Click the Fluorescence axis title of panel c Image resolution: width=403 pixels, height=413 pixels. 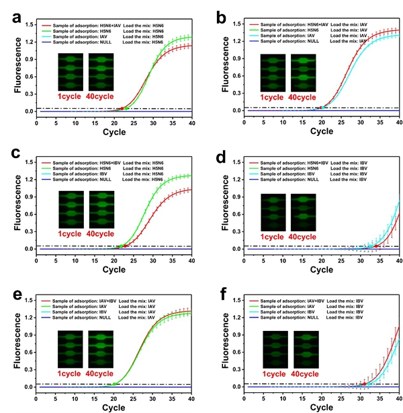pyautogui.click(x=11, y=206)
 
